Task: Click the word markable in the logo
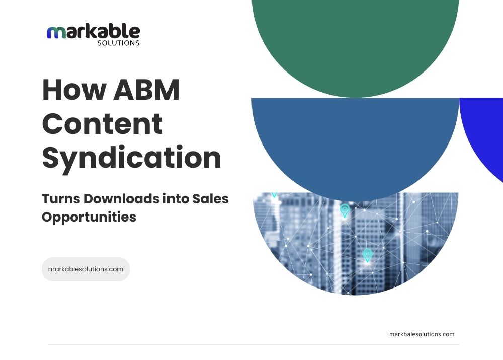[x=94, y=32]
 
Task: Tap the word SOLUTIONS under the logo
[x=118, y=43]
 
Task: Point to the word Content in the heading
[x=103, y=124]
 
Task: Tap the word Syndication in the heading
[x=132, y=158]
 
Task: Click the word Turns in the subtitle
[x=60, y=199]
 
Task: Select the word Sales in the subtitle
[x=210, y=199]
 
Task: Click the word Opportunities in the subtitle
[x=89, y=217]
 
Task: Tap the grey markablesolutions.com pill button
[x=86, y=269]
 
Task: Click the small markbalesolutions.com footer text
[x=422, y=334]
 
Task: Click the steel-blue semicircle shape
[x=355, y=141]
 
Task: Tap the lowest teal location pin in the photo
[x=367, y=254]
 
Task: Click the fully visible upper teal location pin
[x=345, y=209]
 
